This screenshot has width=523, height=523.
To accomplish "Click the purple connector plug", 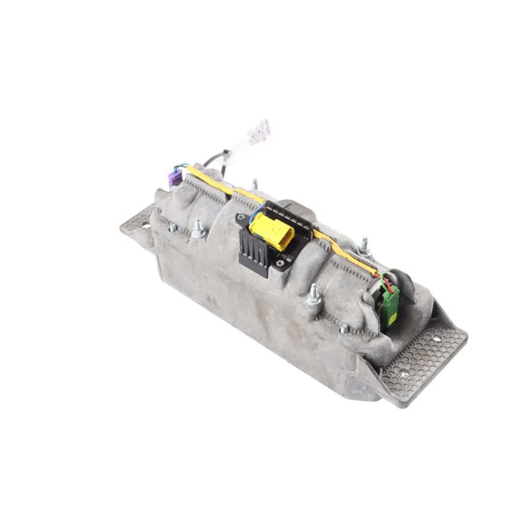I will click(175, 178).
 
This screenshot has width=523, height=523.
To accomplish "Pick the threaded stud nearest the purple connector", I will click(198, 229).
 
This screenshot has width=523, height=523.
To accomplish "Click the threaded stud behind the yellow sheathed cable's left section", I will click(255, 184).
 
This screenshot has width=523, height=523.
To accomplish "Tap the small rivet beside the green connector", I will click(344, 328).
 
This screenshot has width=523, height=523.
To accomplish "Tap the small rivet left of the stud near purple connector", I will click(172, 227).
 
